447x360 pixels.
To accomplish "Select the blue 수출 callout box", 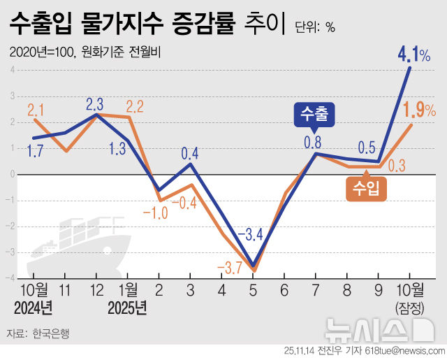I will (314, 114).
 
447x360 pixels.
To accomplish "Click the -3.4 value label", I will (249, 234).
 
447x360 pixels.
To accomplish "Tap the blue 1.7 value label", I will (36, 149).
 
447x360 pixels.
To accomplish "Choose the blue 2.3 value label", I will (95, 104).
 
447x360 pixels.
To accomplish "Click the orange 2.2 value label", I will (135, 107).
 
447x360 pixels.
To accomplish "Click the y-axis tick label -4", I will (13, 278).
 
